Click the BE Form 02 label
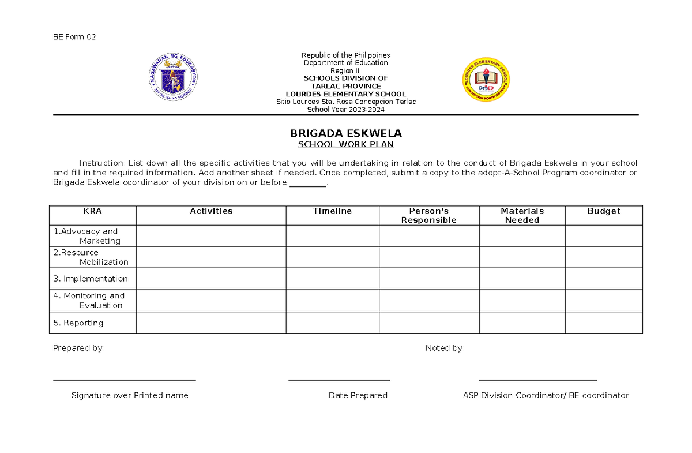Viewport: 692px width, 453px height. point(74,37)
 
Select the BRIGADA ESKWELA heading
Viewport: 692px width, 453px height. point(345,133)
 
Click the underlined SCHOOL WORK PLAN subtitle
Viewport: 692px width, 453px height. point(345,145)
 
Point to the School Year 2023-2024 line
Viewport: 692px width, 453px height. point(345,110)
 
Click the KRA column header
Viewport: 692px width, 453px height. point(93,211)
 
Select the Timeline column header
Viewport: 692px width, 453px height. point(332,211)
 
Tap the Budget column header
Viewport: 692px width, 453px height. point(603,211)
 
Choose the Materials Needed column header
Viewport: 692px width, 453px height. point(522,215)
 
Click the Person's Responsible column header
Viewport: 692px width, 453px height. point(428,215)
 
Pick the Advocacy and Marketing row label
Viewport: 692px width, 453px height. point(86,236)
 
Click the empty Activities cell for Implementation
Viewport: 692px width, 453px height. point(211,279)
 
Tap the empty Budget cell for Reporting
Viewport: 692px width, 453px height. point(603,323)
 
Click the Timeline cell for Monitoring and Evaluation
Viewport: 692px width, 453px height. point(332,301)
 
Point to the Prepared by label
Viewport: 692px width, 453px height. point(79,348)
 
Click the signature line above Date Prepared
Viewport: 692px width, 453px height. point(339,381)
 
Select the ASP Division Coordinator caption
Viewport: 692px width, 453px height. point(546,395)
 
